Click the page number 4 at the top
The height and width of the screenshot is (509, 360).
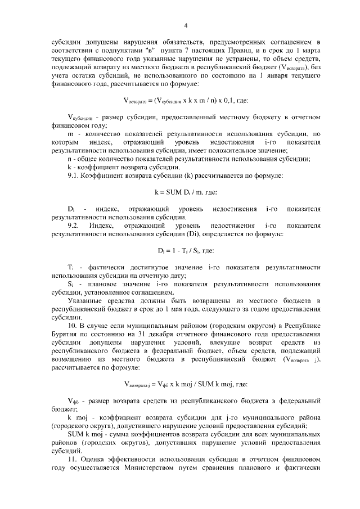(x=186, y=25)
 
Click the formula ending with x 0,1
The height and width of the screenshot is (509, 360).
(x=186, y=101)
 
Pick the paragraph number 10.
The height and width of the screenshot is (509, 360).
(x=71, y=325)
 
